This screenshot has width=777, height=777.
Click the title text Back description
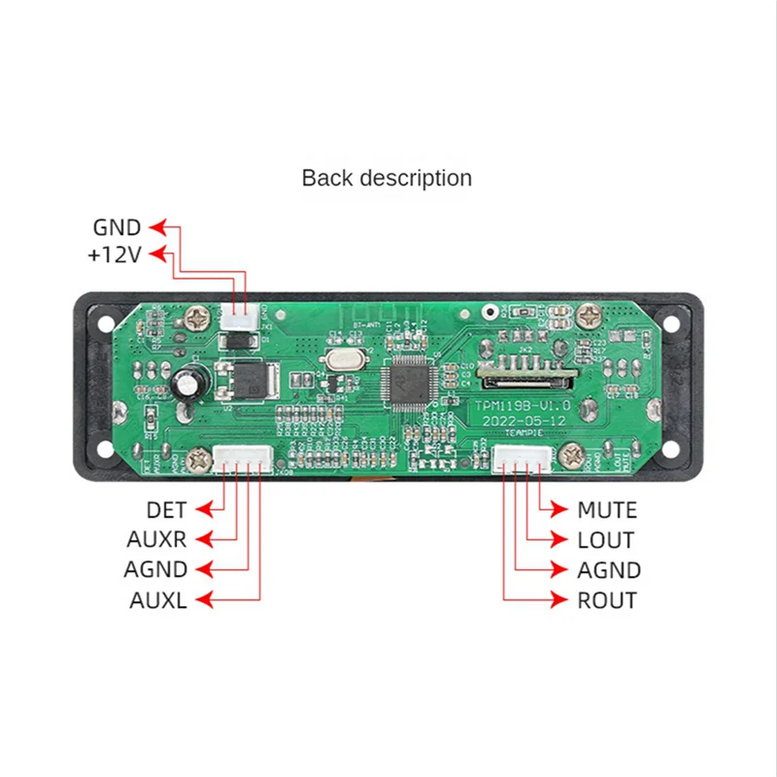(x=387, y=179)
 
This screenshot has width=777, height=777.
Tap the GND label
(x=117, y=228)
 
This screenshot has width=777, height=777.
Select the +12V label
(x=114, y=256)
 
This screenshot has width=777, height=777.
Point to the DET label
(x=166, y=510)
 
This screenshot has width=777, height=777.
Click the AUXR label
(x=156, y=540)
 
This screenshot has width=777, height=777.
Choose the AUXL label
(x=157, y=600)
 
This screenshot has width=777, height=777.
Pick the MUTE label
(x=607, y=510)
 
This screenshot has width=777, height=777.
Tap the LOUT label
(x=605, y=540)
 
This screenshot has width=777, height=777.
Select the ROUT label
(x=607, y=600)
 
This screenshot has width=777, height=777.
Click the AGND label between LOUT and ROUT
(x=609, y=570)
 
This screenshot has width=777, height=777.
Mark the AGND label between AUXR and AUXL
(x=155, y=570)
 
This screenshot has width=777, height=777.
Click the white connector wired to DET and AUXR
(x=241, y=457)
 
